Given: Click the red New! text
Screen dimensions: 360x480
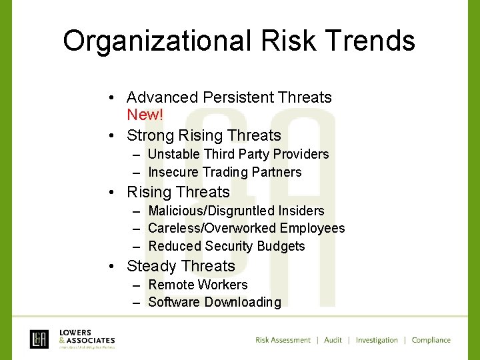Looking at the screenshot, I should (145, 115).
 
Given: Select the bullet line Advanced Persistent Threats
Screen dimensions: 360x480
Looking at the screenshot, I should (229, 97).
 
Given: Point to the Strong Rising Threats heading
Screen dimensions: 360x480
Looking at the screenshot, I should (203, 135).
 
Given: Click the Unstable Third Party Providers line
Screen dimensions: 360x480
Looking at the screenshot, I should (238, 154).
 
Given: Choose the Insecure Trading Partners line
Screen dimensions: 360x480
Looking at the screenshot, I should (225, 172).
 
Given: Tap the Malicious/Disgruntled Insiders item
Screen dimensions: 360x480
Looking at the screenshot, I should (236, 211).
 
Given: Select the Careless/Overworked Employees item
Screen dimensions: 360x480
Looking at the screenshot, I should (246, 229).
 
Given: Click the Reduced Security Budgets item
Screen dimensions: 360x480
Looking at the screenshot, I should (226, 246).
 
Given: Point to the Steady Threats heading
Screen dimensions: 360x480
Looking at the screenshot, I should (181, 266).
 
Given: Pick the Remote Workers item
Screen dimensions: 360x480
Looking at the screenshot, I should (197, 285).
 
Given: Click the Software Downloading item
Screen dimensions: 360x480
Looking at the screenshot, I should (214, 302).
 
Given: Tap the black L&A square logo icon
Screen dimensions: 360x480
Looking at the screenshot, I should (39, 339).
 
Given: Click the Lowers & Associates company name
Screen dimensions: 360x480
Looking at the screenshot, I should (87, 336).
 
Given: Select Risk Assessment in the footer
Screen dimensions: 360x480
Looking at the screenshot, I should (283, 340).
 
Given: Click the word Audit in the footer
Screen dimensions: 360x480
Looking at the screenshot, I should (333, 340).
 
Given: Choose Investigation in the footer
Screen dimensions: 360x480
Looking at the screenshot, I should (377, 340).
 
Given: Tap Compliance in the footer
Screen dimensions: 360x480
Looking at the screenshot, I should (431, 340).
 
